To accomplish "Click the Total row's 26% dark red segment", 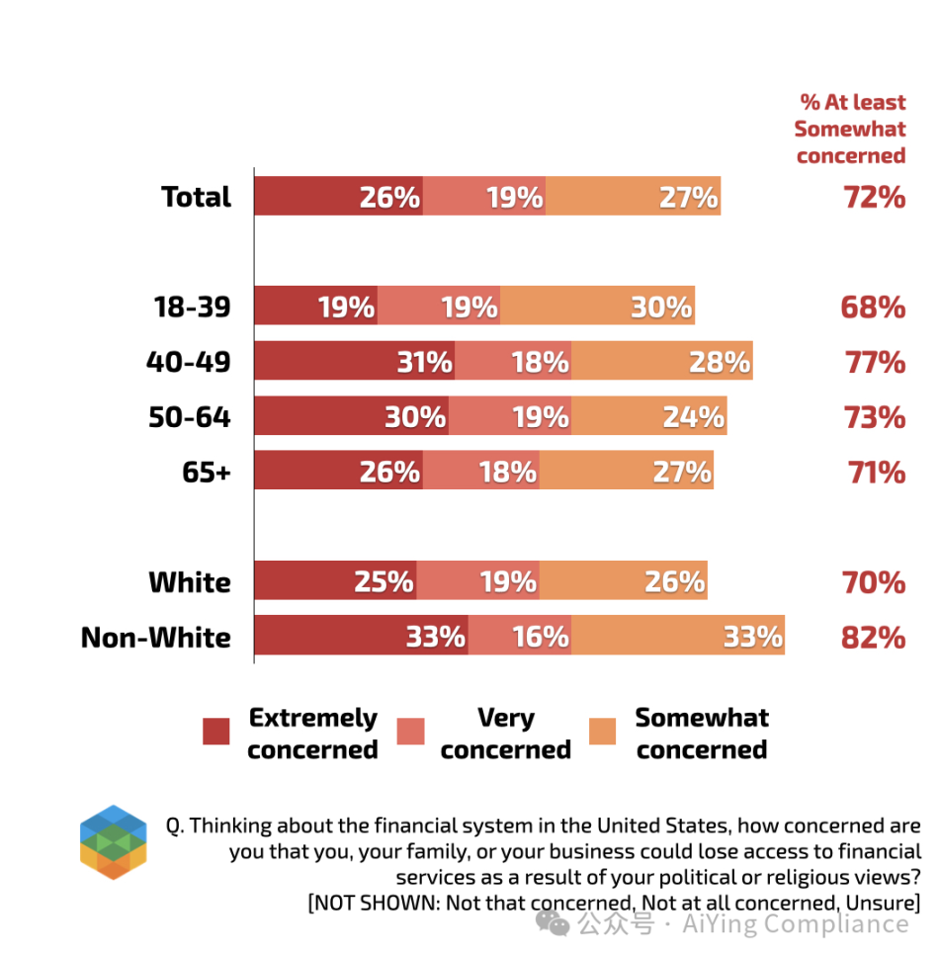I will [x=338, y=197].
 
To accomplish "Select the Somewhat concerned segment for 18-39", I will [x=597, y=306].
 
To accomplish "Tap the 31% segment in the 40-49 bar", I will [x=354, y=362].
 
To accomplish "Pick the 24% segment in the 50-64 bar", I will [x=648, y=417].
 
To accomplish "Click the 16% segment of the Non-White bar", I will [x=520, y=637].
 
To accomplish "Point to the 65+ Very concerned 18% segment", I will [x=480, y=472].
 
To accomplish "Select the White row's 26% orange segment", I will [x=623, y=581].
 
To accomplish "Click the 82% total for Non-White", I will [x=874, y=638].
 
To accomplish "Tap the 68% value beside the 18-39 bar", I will [x=874, y=307].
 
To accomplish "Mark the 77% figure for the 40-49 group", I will [x=875, y=363].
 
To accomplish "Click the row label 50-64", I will [x=189, y=417].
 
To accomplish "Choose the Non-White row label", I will [x=156, y=638].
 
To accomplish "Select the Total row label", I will [x=196, y=197].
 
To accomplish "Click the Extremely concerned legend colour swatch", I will [x=215, y=732].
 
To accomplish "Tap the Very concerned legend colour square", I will [x=410, y=732].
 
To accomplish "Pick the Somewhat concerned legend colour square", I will [x=602, y=732].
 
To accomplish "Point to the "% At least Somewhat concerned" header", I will [x=851, y=129].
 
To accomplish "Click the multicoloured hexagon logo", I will [x=113, y=842].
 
